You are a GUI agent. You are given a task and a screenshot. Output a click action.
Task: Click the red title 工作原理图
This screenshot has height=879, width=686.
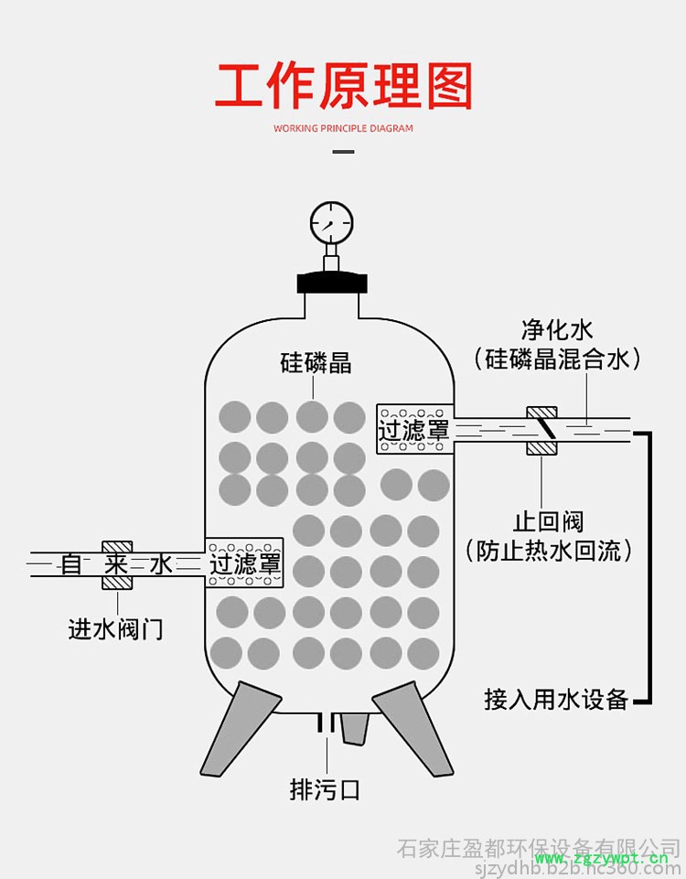[x=343, y=86]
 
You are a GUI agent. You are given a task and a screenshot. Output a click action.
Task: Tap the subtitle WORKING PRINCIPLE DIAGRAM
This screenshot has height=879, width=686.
[x=343, y=128]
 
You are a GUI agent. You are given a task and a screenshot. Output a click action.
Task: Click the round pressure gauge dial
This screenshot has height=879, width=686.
[x=331, y=221]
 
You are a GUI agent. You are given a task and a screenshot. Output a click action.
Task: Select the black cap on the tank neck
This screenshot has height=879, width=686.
[x=330, y=279]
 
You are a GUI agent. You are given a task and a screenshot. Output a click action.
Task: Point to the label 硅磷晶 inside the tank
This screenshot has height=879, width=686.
[x=316, y=362]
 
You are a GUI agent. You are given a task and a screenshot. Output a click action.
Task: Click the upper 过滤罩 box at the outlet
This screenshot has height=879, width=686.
[x=414, y=429]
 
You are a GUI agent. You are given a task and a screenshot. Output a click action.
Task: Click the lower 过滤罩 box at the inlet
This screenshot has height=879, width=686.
[x=245, y=562]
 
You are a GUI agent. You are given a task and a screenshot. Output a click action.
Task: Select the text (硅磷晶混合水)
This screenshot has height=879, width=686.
[x=557, y=359]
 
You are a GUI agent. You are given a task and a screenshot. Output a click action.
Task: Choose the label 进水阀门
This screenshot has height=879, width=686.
[x=116, y=628]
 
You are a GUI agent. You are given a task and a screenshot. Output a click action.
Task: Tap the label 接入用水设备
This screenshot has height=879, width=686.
[x=556, y=700]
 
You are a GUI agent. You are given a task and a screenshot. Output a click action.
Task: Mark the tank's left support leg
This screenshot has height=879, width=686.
[x=240, y=728]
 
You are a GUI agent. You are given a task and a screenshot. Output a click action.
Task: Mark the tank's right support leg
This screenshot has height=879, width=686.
[x=412, y=728]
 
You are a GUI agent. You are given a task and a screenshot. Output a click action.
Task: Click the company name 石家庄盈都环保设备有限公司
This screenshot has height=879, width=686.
[x=539, y=847]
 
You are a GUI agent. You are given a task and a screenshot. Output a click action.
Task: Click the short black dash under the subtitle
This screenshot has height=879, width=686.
[x=343, y=151]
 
